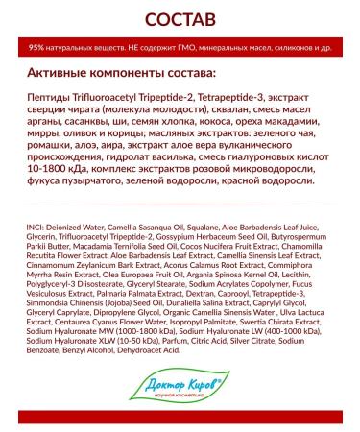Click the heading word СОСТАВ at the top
180,20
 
